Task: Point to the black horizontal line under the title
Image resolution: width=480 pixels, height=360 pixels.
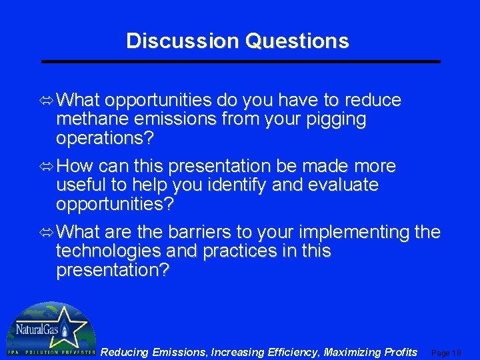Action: tap(241, 61)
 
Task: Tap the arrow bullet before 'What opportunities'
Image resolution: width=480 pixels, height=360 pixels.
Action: tap(47, 101)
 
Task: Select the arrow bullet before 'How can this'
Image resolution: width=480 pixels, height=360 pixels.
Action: tap(47, 166)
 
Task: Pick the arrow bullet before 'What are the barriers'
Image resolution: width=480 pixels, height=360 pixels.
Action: tap(47, 233)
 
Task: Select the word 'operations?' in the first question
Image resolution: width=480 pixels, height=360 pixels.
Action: tap(105, 139)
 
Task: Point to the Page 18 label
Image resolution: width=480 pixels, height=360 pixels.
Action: tap(447, 353)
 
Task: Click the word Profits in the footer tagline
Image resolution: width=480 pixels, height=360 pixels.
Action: tap(397, 352)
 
